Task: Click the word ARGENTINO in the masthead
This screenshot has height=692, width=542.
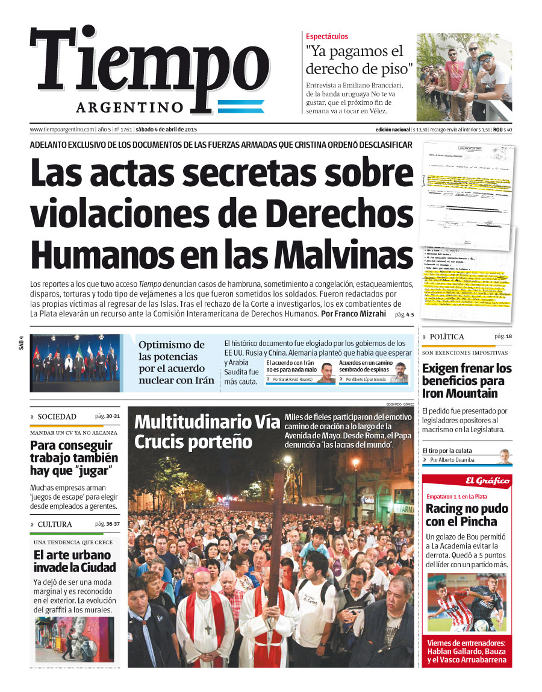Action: point(138,107)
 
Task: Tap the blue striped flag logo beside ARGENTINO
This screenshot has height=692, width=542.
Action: point(240,107)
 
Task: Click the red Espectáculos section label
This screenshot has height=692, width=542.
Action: point(327,37)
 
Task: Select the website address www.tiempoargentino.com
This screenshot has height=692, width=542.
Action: point(62,130)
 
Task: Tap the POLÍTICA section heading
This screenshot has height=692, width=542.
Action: point(446,337)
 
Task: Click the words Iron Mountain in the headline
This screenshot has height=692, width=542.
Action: point(459,394)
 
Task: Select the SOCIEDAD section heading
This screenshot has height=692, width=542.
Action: point(57,417)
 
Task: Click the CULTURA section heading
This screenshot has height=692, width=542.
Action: point(54,524)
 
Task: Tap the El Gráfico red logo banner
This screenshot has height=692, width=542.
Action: point(487,480)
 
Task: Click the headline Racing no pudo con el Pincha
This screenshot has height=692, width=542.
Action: point(466,515)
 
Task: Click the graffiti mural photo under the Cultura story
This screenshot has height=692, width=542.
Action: point(74,638)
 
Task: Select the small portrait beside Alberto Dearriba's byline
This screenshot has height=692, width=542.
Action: point(503,456)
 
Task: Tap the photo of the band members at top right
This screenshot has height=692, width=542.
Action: point(465,77)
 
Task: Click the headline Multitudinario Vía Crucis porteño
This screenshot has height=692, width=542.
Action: point(207,432)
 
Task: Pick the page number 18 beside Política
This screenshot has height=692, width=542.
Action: point(508,336)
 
